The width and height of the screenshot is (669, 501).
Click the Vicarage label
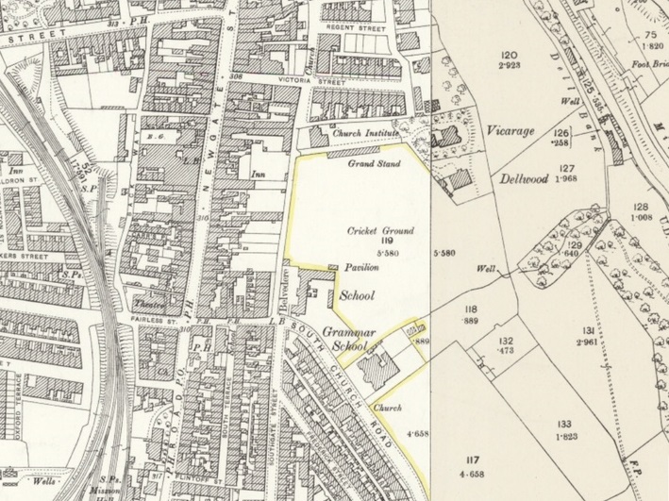click(x=512, y=131)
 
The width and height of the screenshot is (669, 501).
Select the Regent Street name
click(x=355, y=29)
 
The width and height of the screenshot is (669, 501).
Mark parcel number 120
click(x=510, y=55)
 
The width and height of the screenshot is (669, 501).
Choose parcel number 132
click(x=506, y=341)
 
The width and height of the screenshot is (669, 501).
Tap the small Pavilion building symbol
click(x=332, y=269)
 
